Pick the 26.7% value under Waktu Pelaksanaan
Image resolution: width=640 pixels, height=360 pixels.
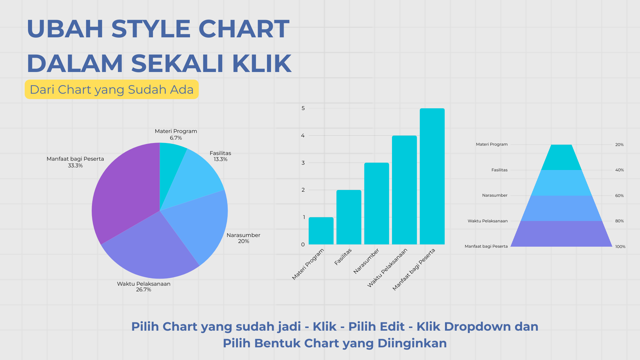(x=144, y=290)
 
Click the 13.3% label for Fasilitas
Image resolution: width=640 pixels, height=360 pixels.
(x=220, y=159)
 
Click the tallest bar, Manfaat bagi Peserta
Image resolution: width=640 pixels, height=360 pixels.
(x=432, y=177)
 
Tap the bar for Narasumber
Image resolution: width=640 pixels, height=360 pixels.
(x=376, y=203)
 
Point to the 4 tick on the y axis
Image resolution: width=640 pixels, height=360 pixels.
(x=303, y=135)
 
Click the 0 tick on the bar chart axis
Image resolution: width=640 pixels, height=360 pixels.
(x=303, y=244)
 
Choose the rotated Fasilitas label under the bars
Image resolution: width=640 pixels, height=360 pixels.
(x=343, y=257)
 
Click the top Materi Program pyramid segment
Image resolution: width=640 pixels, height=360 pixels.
(x=561, y=157)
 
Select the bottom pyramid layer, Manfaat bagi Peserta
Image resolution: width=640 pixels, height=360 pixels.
(x=561, y=234)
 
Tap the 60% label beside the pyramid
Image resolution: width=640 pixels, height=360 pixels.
(x=619, y=196)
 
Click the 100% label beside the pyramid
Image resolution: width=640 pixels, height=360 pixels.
(x=620, y=247)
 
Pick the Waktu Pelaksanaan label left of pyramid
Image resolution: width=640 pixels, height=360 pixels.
(x=487, y=221)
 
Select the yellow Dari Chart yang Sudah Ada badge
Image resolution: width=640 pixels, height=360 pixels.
(x=112, y=89)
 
